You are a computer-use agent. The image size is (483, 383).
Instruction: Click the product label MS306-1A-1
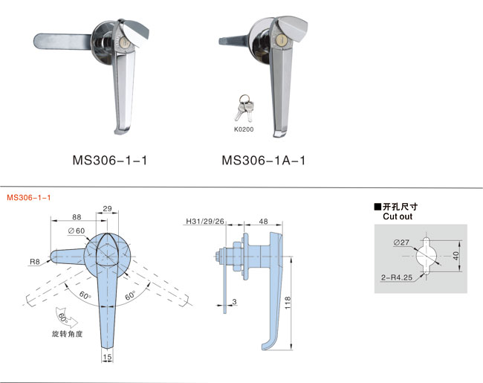pyautogui.click(x=264, y=161)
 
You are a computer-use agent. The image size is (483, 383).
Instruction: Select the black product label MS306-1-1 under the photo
pyautogui.click(x=110, y=161)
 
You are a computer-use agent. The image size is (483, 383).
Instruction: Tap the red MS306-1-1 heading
pyautogui.click(x=29, y=198)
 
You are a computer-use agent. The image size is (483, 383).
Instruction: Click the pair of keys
pyautogui.click(x=244, y=108)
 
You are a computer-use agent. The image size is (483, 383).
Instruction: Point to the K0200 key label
pyautogui.click(x=244, y=129)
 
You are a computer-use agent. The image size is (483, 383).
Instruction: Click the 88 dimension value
pyautogui.click(x=77, y=217)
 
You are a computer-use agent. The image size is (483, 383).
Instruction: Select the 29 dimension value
pyautogui.click(x=107, y=208)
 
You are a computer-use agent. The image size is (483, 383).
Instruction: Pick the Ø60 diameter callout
pyautogui.click(x=77, y=231)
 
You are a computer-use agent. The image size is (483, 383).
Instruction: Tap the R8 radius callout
pyautogui.click(x=34, y=262)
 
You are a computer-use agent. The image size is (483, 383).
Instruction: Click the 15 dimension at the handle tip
pyautogui.click(x=107, y=357)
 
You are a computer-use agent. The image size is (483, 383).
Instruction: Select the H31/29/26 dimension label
pyautogui.click(x=205, y=222)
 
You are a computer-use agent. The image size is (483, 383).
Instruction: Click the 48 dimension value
pyautogui.click(x=263, y=222)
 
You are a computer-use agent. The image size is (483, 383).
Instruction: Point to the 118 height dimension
pyautogui.click(x=288, y=303)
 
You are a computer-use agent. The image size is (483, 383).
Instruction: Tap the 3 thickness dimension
pyautogui.click(x=234, y=302)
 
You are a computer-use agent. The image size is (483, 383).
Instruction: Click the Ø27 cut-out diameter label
pyautogui.click(x=401, y=242)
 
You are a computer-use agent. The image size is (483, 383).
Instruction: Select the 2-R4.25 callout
pyautogui.click(x=397, y=277)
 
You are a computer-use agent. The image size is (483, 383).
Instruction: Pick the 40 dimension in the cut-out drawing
pyautogui.click(x=456, y=256)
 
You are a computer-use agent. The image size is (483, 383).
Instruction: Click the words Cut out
pyautogui.click(x=398, y=216)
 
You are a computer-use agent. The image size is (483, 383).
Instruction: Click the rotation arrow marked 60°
pyautogui.click(x=66, y=318)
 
